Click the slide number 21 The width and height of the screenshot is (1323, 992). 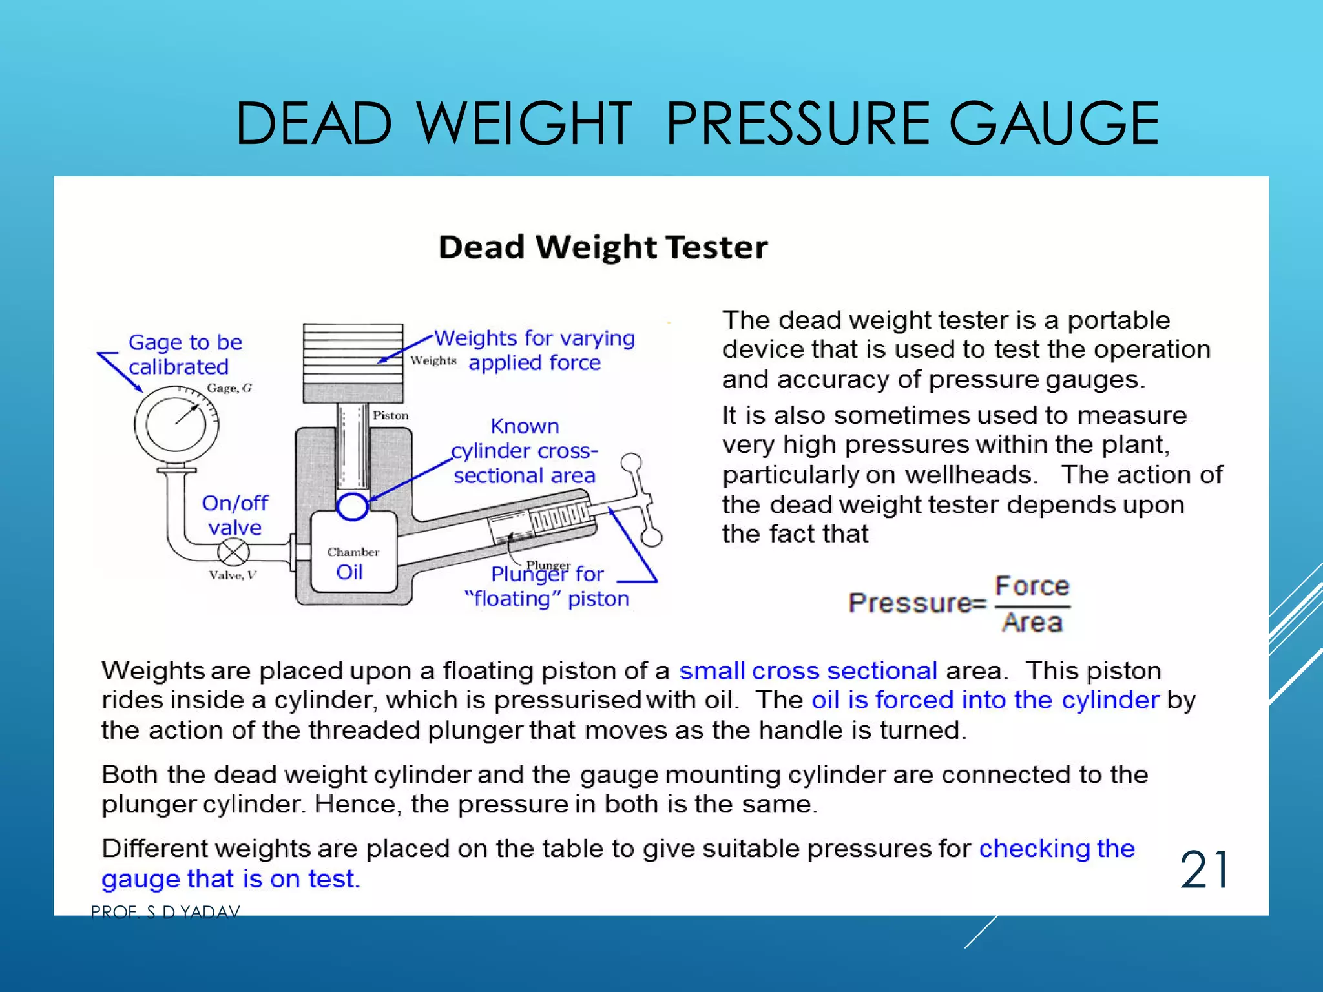tap(1204, 871)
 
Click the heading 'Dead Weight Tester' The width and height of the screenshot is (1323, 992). tap(603, 247)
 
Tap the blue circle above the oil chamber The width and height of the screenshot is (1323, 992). tap(352, 506)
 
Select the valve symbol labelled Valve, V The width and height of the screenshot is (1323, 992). tap(233, 552)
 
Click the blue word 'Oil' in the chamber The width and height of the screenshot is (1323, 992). tap(349, 572)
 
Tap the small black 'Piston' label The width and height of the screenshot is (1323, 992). tap(391, 415)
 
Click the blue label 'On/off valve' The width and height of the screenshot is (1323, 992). tap(234, 515)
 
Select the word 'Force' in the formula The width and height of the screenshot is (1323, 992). tap(1032, 586)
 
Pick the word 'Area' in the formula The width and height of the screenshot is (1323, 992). tap(1032, 623)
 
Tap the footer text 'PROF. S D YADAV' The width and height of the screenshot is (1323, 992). tap(165, 912)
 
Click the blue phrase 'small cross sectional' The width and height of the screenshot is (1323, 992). tap(808, 671)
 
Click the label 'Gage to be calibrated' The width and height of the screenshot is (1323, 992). tap(185, 354)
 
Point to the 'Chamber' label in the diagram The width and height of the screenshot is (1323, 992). tap(353, 552)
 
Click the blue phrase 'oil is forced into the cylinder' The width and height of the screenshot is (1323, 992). tap(986, 700)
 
